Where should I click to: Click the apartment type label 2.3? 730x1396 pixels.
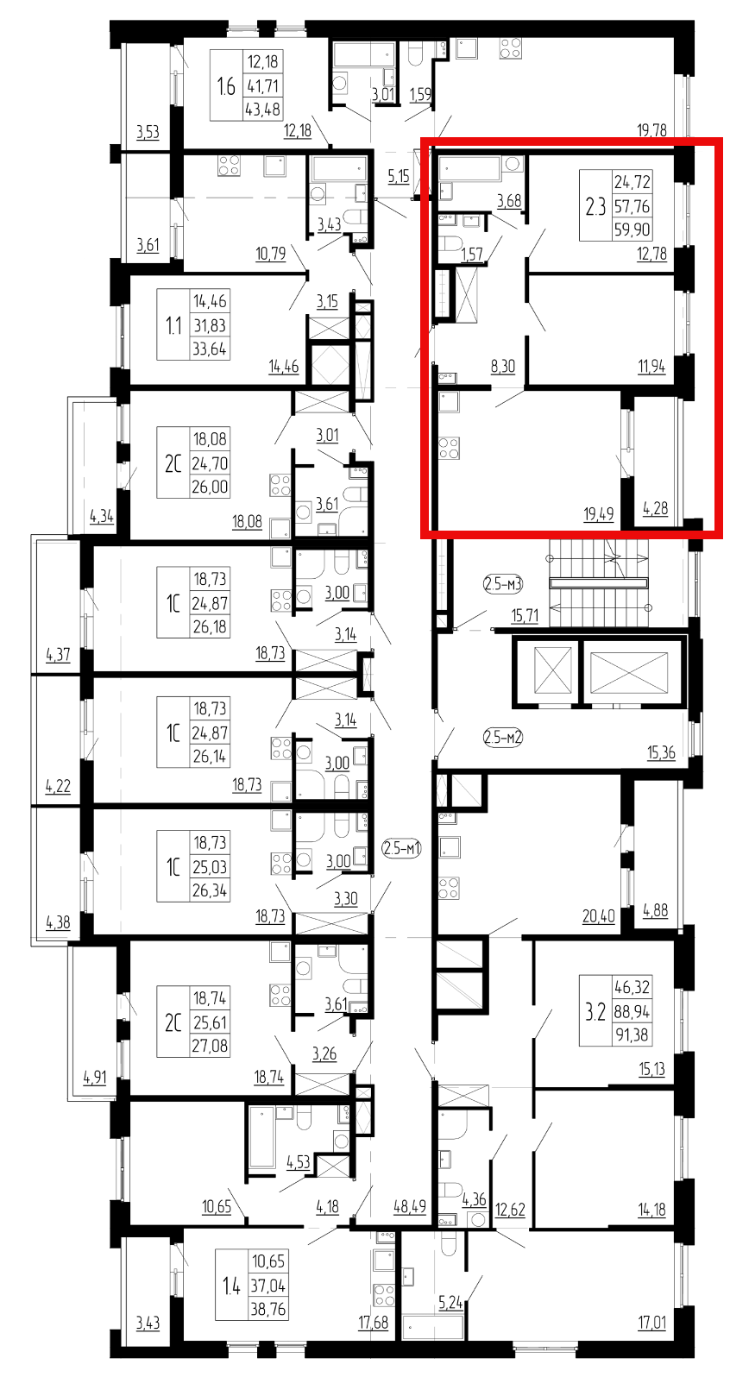[x=595, y=205]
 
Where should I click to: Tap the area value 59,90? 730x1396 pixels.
[x=632, y=230]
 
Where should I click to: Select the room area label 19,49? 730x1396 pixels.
[x=599, y=514]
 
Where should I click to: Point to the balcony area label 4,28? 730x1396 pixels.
[x=655, y=508]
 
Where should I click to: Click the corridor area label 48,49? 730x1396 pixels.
[x=410, y=1206]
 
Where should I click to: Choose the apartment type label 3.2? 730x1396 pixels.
[x=595, y=1011]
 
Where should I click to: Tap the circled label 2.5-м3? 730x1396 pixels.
[x=503, y=584]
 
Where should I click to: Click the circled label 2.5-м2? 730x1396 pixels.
[x=503, y=738]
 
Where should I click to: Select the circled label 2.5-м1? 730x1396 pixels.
[x=402, y=848]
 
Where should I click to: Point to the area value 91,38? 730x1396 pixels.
[x=632, y=1035]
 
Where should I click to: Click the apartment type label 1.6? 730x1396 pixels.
[x=226, y=85]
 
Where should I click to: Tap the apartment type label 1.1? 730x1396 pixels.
[x=173, y=324]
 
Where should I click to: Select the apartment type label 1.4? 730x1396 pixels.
[x=231, y=1285]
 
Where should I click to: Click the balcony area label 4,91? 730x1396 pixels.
[x=95, y=1077]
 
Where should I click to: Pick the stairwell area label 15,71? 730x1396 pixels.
[x=525, y=616]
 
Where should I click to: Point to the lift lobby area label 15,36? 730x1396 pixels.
[x=662, y=753]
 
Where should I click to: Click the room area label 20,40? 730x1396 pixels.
[x=599, y=916]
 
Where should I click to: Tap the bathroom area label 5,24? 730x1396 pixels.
[x=450, y=1302]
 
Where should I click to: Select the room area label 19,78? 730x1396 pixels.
[x=651, y=130]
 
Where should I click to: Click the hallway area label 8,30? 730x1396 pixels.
[x=503, y=367]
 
